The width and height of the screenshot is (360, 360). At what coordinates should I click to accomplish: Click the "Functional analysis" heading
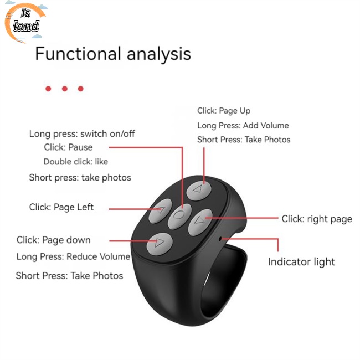pos(113,54)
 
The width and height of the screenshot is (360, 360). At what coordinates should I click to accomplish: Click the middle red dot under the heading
pos(64,89)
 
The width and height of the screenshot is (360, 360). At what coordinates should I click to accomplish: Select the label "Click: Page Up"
pos(224,111)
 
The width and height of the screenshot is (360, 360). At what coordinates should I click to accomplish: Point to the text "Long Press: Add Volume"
pos(243,126)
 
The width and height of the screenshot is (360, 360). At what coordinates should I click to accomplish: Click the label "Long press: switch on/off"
pos(82,133)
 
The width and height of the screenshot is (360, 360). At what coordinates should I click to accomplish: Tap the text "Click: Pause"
pos(68,147)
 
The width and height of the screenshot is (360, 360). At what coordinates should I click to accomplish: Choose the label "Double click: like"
pos(76,162)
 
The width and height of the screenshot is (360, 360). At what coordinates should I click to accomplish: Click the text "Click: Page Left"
pos(61,207)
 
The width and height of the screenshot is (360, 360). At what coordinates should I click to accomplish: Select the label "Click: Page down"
pos(53,240)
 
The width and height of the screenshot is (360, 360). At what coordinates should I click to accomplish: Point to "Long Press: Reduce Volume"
pos(73,256)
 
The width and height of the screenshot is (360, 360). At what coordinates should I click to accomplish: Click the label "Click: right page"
pos(317,219)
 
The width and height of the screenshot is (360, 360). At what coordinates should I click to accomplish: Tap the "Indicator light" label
pos(301,261)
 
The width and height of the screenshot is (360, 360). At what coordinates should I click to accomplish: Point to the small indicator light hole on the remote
pos(221,239)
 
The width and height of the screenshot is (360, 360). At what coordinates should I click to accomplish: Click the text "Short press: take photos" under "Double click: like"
pos(80,178)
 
